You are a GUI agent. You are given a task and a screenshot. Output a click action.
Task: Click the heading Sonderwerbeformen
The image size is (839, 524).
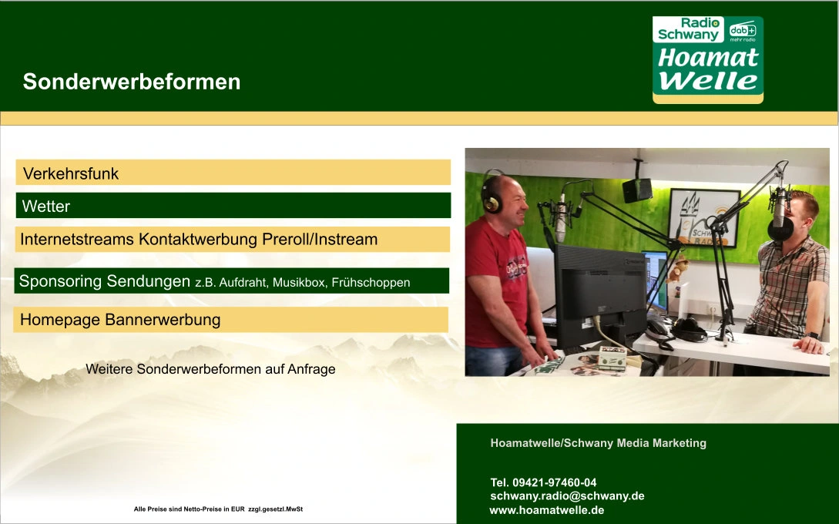click(x=132, y=82)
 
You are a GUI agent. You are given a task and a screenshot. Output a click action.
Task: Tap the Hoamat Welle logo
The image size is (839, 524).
click(x=707, y=59)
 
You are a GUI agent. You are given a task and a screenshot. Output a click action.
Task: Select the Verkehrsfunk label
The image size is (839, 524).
click(x=71, y=173)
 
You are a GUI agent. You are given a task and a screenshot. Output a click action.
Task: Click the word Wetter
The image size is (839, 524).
click(x=46, y=206)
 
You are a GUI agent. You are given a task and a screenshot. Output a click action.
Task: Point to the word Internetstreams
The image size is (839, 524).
click(x=77, y=239)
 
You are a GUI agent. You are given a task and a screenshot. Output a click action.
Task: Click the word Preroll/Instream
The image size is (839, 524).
click(x=320, y=239)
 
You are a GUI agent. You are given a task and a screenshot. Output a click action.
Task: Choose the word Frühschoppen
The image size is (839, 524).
click(x=371, y=283)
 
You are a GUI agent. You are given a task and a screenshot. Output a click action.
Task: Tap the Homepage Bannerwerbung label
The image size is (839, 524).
click(x=120, y=320)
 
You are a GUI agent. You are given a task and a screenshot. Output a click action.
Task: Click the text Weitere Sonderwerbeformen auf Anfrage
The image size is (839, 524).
click(x=210, y=369)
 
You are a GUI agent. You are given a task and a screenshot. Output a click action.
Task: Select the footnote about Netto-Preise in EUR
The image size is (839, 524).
click(x=218, y=509)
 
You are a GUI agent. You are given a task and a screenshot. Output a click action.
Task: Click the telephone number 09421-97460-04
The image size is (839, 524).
click(x=555, y=482)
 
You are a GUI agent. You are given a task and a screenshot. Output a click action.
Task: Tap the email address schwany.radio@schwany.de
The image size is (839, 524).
click(x=567, y=495)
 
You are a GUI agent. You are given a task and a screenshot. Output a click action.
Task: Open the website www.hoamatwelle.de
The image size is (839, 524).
click(x=547, y=510)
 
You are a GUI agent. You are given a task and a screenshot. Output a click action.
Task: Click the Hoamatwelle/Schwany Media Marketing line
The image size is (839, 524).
click(x=598, y=442)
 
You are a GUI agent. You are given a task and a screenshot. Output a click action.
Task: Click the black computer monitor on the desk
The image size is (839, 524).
click(x=599, y=294)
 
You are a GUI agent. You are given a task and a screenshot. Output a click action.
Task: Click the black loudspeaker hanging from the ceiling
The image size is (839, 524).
click(x=636, y=190)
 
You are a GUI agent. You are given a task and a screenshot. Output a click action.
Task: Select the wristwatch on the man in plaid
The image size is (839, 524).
click(x=813, y=336)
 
